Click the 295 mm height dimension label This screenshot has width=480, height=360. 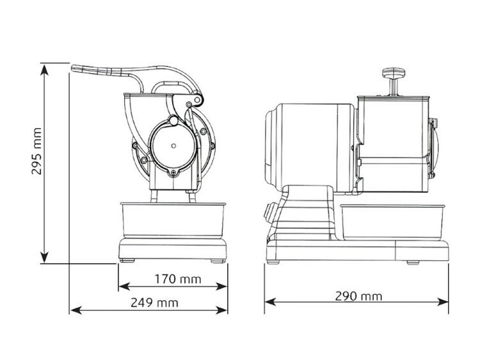tap(36, 151)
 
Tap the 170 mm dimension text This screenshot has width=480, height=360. tap(177, 279)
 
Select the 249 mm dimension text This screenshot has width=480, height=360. tap(154, 302)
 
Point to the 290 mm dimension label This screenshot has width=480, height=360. tap(358, 296)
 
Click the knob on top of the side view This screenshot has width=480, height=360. tap(394, 73)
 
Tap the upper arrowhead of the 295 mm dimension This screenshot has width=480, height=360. tap(45, 70)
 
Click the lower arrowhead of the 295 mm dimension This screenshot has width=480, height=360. tap(45, 257)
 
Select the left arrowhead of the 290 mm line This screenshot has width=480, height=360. tap(270, 302)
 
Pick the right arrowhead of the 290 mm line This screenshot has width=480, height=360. tap(443, 302)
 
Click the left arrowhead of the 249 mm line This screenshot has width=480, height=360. tap(76, 310)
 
